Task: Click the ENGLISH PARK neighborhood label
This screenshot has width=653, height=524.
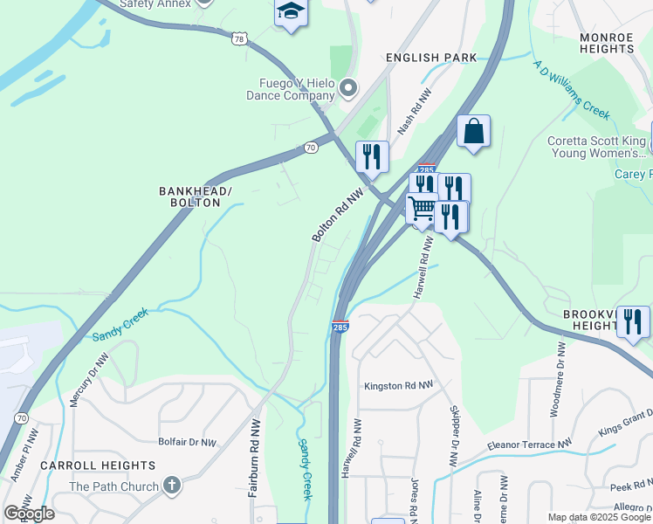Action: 432,58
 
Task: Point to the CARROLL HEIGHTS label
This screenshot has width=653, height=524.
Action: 98,465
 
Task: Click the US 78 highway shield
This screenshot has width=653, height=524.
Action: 252,38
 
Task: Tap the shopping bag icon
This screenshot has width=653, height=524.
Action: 473,132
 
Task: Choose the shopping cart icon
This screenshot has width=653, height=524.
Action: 422,208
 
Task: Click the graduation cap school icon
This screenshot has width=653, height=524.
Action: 291,12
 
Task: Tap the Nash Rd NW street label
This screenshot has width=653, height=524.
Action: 416,111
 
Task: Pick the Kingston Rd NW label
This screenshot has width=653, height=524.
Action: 398,385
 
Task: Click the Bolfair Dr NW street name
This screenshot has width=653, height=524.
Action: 187,443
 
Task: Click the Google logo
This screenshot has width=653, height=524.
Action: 30,514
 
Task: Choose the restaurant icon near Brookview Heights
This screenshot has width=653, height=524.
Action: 632,321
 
